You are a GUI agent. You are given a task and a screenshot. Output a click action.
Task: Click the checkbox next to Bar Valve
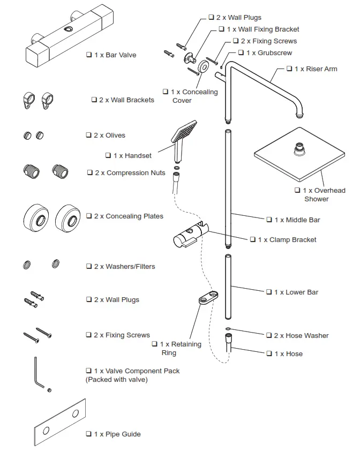[89, 55]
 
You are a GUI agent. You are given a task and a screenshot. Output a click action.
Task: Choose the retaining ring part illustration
[208, 298]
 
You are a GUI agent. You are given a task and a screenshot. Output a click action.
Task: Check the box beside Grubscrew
[233, 52]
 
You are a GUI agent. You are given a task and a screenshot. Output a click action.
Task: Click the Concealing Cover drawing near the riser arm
[204, 66]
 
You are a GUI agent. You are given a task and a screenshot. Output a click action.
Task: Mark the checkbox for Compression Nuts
[89, 172]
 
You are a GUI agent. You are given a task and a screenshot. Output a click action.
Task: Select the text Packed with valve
[116, 380]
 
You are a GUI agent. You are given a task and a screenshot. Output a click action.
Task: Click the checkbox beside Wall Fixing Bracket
[222, 29]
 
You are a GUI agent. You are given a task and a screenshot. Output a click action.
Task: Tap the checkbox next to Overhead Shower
[297, 190]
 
